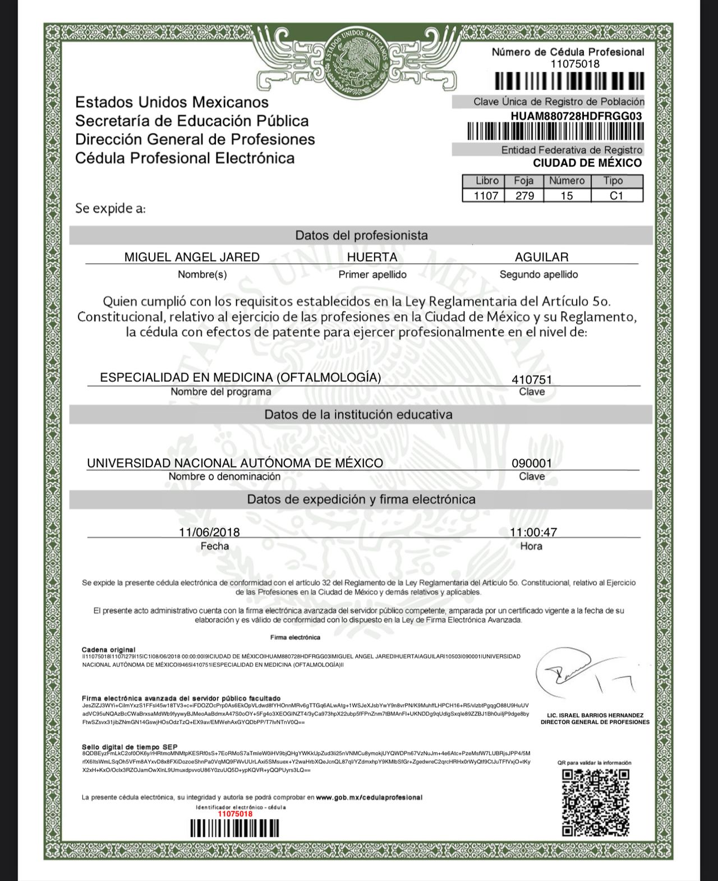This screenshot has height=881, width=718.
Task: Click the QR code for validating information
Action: click(x=596, y=802)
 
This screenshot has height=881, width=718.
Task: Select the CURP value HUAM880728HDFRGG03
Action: click(x=576, y=116)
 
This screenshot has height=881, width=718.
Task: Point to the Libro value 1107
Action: click(x=486, y=196)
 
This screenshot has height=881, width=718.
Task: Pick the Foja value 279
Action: click(x=524, y=196)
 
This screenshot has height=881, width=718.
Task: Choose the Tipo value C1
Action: click(x=616, y=196)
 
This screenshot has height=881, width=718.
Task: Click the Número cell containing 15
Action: click(x=567, y=196)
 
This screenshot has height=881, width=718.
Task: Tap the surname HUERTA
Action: click(x=372, y=257)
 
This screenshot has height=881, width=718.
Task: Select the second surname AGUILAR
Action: click(x=541, y=257)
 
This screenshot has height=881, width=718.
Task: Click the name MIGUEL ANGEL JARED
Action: click(x=192, y=257)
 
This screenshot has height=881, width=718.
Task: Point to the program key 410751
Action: click(x=532, y=379)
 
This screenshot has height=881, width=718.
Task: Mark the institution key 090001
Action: click(x=532, y=464)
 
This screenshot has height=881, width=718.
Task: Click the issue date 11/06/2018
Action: click(x=209, y=532)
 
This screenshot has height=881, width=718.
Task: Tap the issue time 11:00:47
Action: click(x=533, y=532)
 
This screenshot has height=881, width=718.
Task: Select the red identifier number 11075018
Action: click(x=235, y=814)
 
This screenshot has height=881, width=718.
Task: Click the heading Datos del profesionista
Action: click(x=361, y=236)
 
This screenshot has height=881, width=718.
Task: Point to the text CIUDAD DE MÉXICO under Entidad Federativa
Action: click(x=587, y=163)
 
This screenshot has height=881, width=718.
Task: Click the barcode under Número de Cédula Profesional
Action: click(x=569, y=82)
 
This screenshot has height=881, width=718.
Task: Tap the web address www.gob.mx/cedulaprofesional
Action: click(x=369, y=797)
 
